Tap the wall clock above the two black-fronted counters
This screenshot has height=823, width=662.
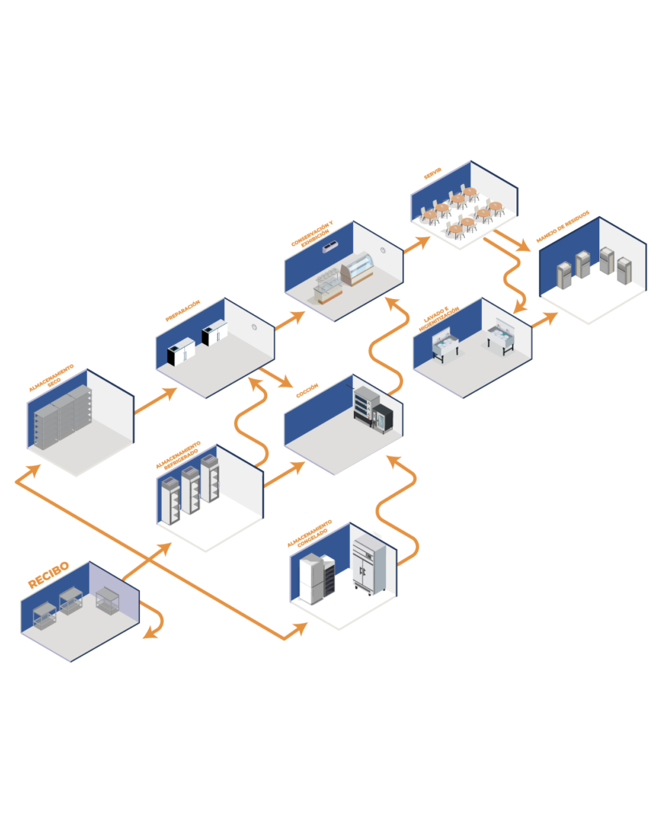point(254,327)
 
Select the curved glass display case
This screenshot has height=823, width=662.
point(357,269)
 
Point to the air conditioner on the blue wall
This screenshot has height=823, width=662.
point(330,248)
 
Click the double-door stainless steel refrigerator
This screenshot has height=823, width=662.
point(369,565)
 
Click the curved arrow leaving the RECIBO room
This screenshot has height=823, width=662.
point(155,619)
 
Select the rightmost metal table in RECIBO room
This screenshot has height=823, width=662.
point(107,600)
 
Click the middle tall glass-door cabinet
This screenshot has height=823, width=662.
point(191,489)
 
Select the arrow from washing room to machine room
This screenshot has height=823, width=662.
point(545,319)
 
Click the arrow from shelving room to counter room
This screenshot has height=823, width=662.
point(154,401)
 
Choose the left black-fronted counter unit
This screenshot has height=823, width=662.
point(180,352)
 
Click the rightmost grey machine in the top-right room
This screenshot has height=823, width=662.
point(624,270)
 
